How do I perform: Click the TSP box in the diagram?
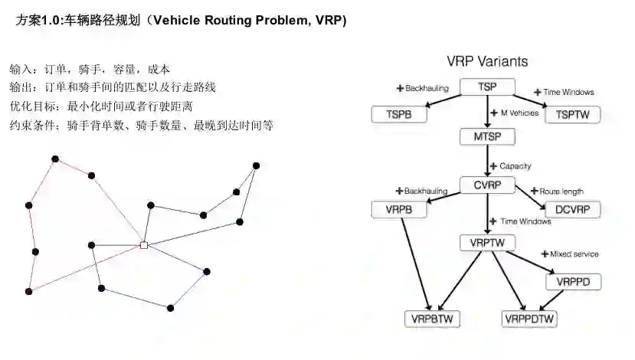[x=487, y=87]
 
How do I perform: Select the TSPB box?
[x=398, y=114]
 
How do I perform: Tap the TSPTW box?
[x=573, y=114]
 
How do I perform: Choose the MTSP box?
[x=487, y=137]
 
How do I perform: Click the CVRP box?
[x=487, y=185]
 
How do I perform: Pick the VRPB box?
[x=398, y=209]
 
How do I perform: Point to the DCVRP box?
[x=571, y=209]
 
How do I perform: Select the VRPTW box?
[x=487, y=243]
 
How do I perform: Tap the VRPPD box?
[x=574, y=281]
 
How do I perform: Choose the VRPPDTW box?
[x=530, y=318]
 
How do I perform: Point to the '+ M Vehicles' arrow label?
[x=516, y=113]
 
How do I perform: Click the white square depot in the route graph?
[x=143, y=245]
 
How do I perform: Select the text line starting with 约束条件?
[x=142, y=126]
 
